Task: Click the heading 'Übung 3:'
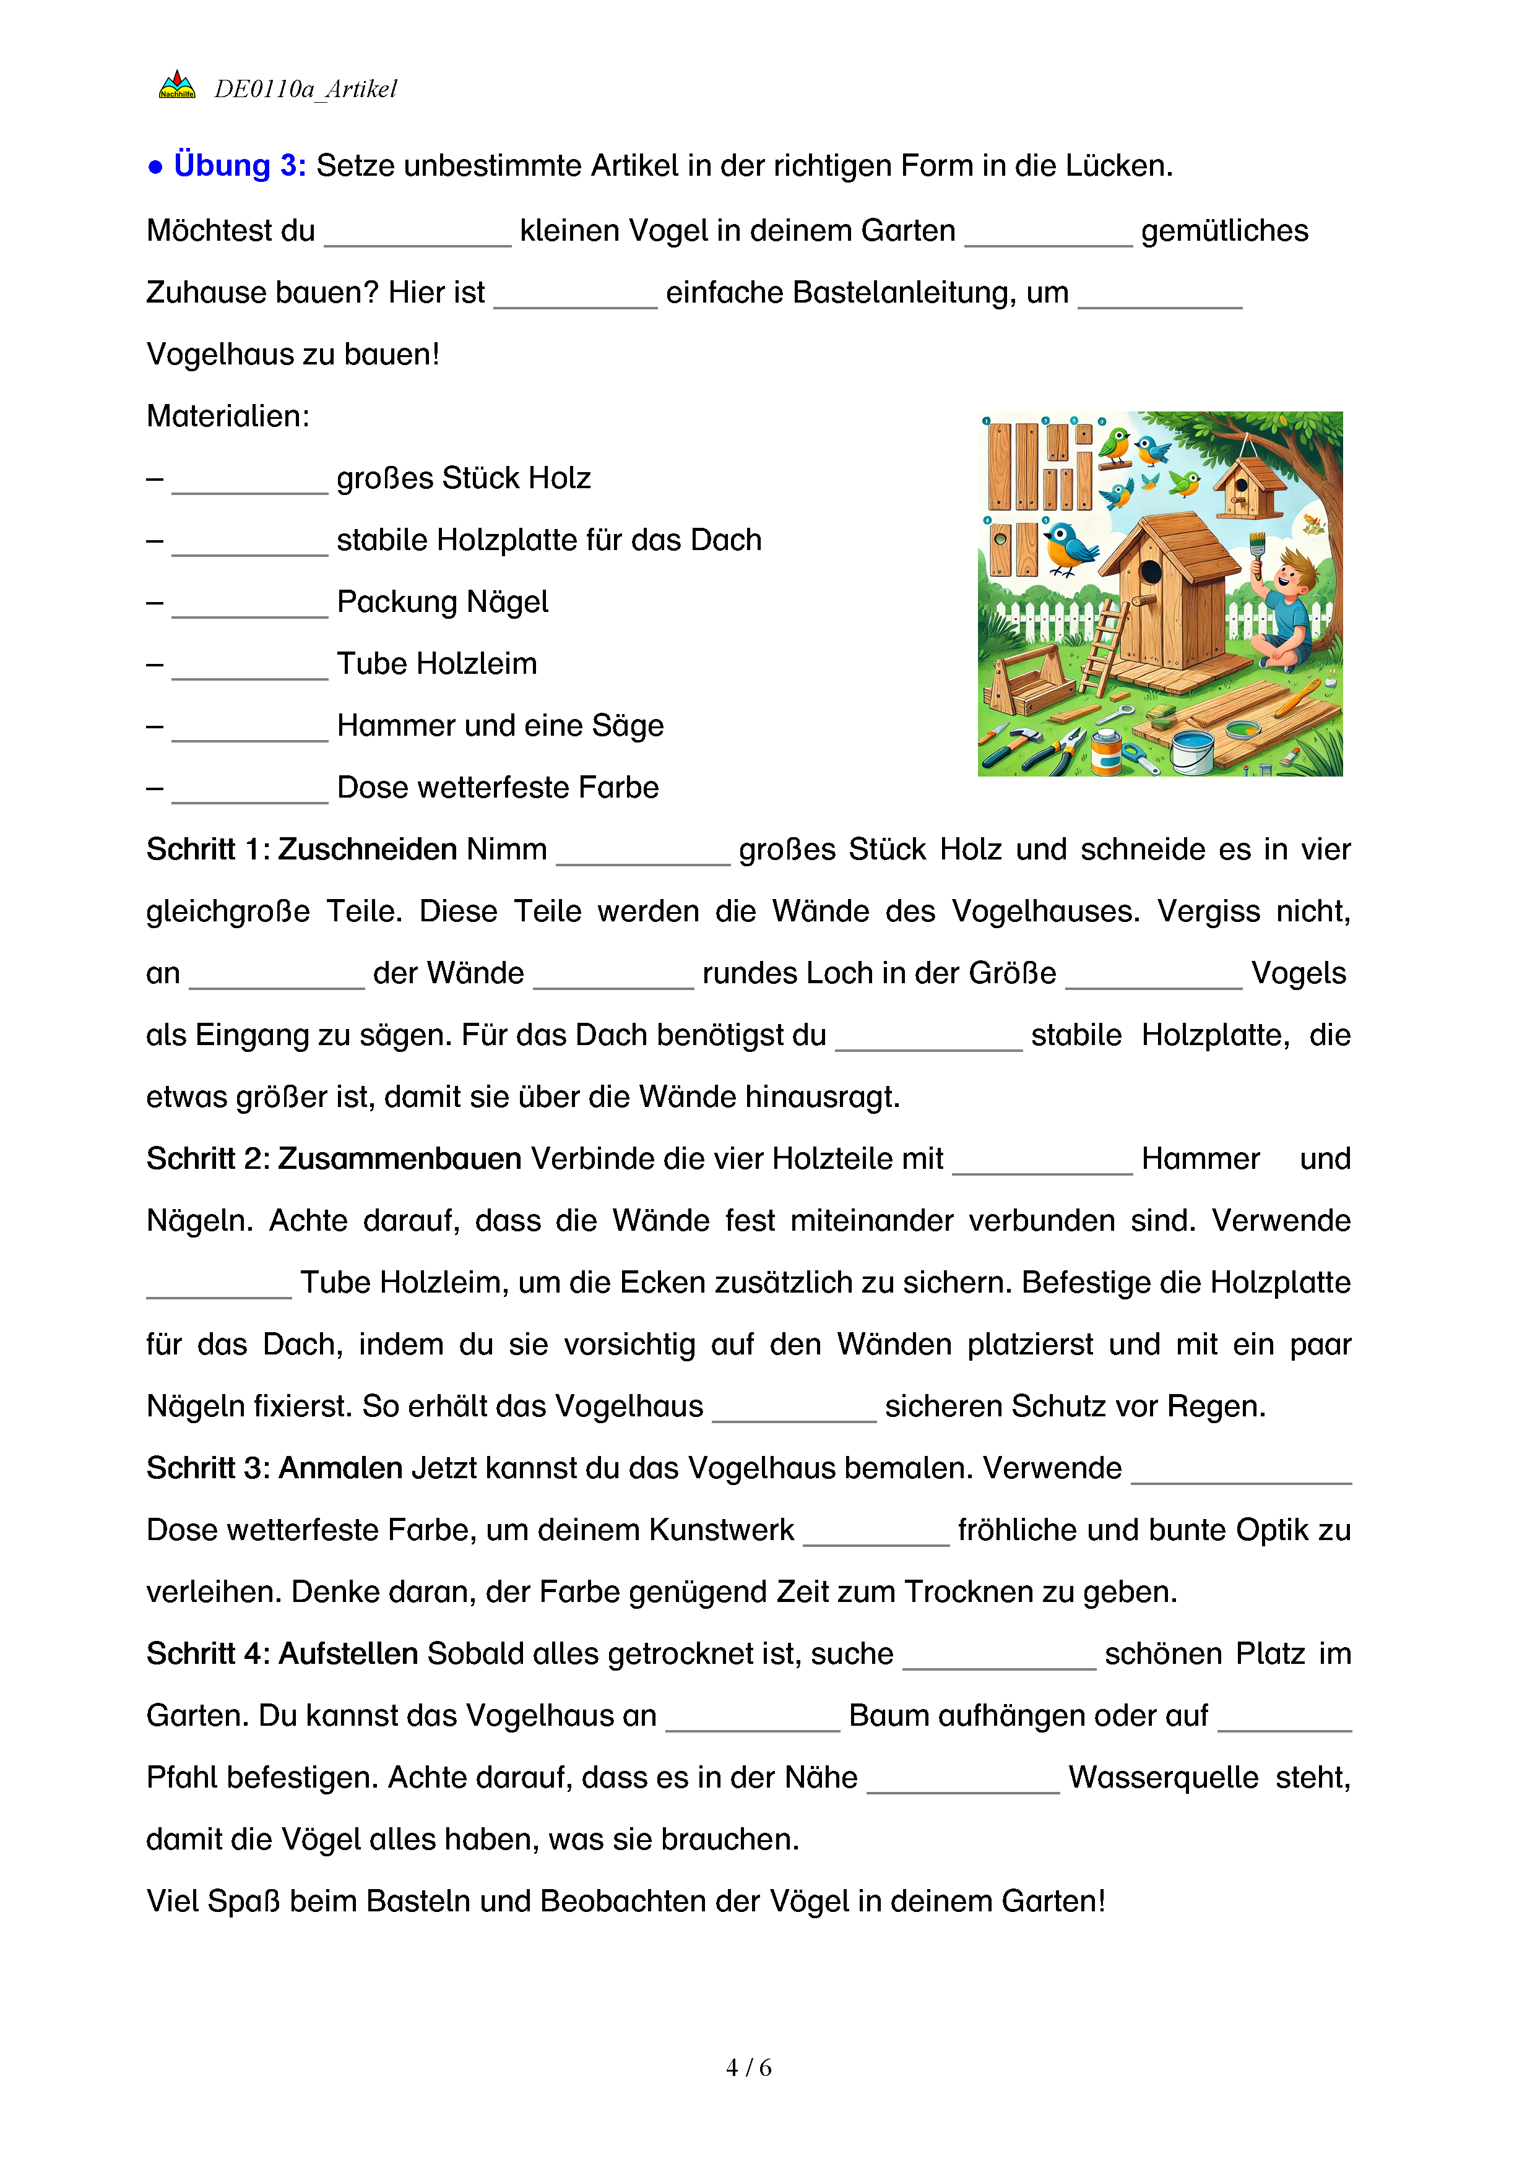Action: point(239,165)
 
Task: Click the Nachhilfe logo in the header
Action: point(177,86)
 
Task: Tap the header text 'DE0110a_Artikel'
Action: point(305,89)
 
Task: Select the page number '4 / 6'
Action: point(748,2067)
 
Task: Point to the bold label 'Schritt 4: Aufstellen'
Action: point(282,1654)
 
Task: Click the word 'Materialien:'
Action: point(228,416)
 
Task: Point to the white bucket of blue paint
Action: point(1193,749)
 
